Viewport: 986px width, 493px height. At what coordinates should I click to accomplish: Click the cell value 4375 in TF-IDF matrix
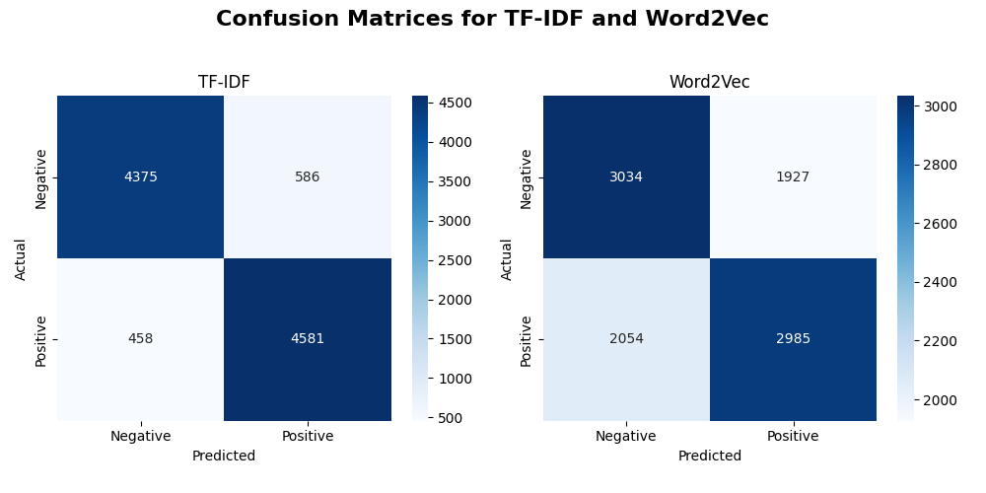pos(140,177)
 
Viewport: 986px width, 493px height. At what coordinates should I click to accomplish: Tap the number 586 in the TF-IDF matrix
pos(307,177)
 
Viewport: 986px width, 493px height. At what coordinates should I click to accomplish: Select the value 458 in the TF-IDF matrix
pos(140,339)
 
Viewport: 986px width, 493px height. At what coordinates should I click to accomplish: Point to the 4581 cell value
pos(307,339)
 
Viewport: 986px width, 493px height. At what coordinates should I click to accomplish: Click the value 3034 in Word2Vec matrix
pos(626,177)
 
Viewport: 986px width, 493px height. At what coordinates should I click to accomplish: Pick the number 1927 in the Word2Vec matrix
pos(793,177)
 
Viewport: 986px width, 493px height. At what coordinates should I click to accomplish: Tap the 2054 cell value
pos(626,339)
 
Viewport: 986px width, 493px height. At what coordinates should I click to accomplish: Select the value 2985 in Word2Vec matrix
pos(793,339)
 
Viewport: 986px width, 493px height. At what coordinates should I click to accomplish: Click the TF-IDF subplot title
pos(224,83)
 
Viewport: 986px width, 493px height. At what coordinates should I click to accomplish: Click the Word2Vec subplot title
pos(709,83)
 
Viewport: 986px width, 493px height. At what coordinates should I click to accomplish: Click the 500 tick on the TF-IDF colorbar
pos(451,418)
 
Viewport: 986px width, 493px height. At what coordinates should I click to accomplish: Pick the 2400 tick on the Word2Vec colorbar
pos(941,282)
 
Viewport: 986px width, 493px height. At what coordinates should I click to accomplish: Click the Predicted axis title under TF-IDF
pos(224,457)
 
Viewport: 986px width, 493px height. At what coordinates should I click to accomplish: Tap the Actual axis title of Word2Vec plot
pos(507,258)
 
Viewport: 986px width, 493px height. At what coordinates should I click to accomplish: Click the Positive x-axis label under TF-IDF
pos(307,436)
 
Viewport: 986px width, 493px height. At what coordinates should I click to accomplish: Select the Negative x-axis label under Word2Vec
pos(626,436)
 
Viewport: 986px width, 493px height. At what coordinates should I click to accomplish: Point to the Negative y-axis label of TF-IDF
pos(41,178)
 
